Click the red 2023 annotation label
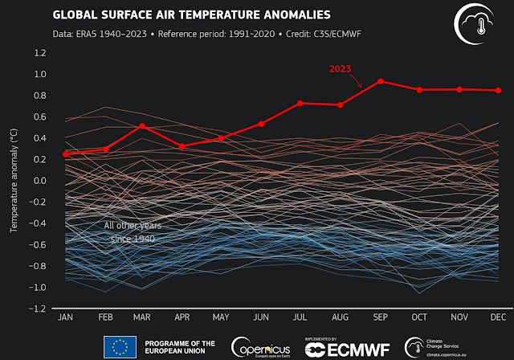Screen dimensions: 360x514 (x=342, y=69)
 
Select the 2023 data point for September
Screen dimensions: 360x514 (x=380, y=81)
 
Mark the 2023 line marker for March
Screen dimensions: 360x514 (x=141, y=126)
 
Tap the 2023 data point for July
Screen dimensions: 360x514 (x=300, y=103)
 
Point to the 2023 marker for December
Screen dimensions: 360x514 (x=499, y=90)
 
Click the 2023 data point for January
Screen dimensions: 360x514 (x=65, y=153)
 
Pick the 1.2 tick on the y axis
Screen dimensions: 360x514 (x=39, y=53)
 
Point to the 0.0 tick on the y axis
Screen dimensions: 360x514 (x=39, y=181)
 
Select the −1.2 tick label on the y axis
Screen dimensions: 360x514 (x=38, y=309)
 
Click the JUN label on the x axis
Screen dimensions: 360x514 (x=260, y=318)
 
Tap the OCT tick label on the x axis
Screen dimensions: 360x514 (x=419, y=318)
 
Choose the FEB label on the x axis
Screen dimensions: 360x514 (x=104, y=318)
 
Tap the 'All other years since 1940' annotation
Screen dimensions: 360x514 (x=133, y=231)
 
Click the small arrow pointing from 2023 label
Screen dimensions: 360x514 (x=369, y=80)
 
